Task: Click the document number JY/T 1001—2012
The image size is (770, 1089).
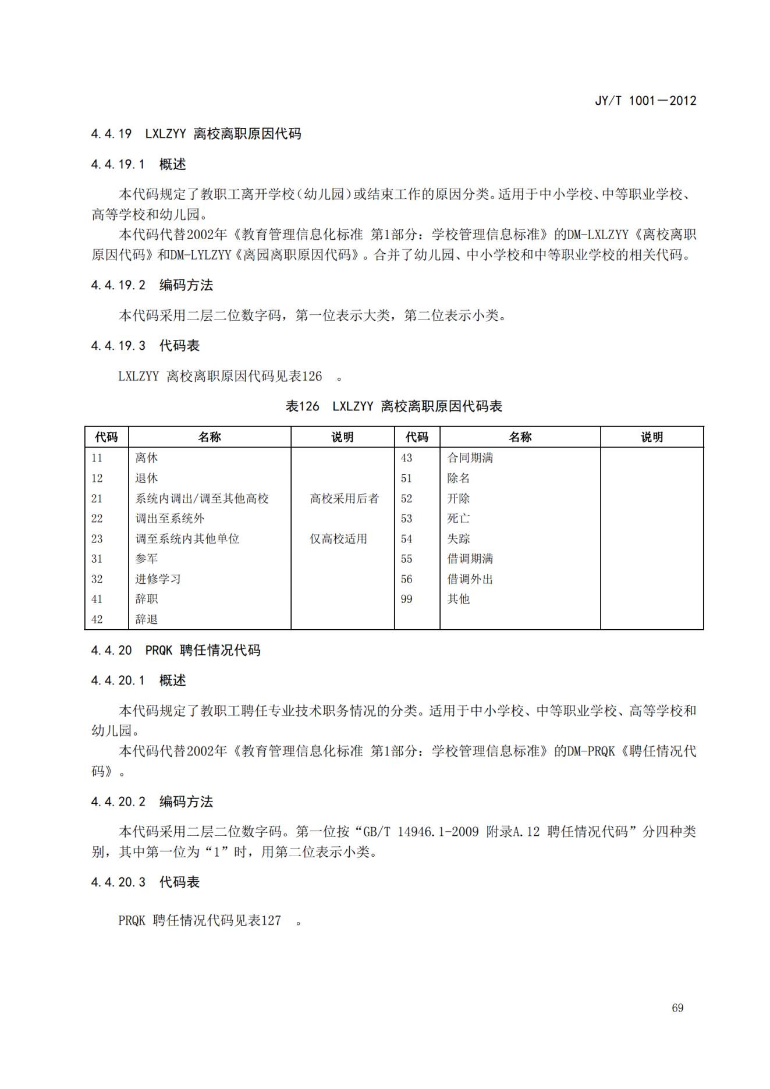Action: [x=645, y=101]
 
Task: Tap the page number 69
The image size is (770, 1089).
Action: [x=677, y=1008]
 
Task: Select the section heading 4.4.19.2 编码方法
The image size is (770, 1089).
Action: [x=152, y=285]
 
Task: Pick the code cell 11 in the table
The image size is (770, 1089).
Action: [x=97, y=458]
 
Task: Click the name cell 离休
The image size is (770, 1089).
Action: [x=147, y=458]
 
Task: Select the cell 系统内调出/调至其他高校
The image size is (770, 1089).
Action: [x=202, y=499]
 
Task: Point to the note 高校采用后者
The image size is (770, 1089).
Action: [x=344, y=499]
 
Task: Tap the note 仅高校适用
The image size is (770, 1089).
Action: [x=338, y=539]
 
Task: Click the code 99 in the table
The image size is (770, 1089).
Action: [x=406, y=599]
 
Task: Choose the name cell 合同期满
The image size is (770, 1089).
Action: [x=470, y=458]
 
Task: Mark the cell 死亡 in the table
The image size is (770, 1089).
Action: [x=458, y=519]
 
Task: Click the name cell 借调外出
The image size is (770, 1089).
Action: [x=470, y=579]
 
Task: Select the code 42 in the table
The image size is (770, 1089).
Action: [x=97, y=619]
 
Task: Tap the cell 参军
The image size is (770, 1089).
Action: [x=147, y=559]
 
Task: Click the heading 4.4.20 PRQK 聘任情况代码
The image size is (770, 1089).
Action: [x=175, y=650]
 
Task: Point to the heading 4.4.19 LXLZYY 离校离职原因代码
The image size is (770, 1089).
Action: [x=196, y=134]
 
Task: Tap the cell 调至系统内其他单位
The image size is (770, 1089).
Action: [x=187, y=539]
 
